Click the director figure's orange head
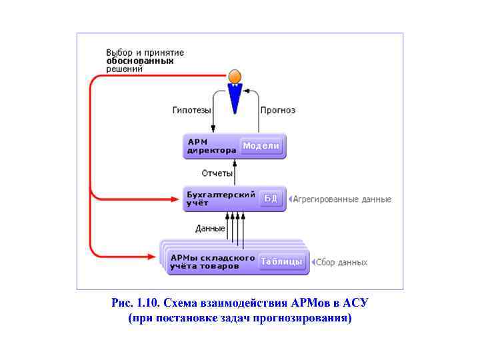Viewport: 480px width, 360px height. pyautogui.click(x=235, y=75)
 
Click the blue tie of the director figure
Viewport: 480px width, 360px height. pyautogui.click(x=235, y=98)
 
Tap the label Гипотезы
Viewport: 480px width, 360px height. pyautogui.click(x=192, y=110)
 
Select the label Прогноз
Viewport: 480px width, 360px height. pyautogui.click(x=278, y=110)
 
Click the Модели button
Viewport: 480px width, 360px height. pyautogui.click(x=261, y=145)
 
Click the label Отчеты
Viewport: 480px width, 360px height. pyautogui.click(x=217, y=173)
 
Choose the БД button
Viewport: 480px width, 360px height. pyautogui.click(x=271, y=198)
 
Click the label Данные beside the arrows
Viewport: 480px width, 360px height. pyautogui.click(x=210, y=228)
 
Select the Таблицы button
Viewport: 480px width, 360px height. pyautogui.click(x=282, y=261)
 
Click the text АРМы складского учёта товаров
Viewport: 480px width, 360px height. pyautogui.click(x=213, y=261)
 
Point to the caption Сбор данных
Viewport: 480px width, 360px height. pyautogui.click(x=341, y=263)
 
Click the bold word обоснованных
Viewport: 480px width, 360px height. pyautogui.click(x=140, y=61)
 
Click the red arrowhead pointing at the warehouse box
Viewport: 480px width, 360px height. pyautogui.click(x=153, y=255)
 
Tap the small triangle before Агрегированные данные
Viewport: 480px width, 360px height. pyautogui.click(x=291, y=199)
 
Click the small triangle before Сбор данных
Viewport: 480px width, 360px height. pyautogui.click(x=313, y=263)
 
